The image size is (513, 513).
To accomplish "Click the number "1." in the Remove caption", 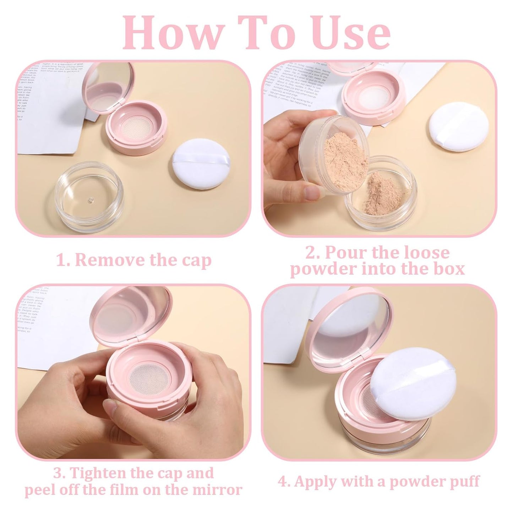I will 64,260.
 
